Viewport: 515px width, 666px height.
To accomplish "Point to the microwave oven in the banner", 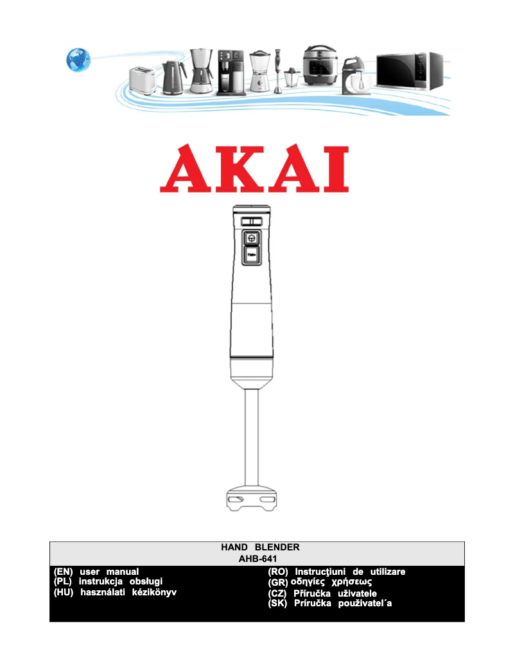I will tap(410, 71).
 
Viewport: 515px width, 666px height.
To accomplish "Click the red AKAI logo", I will tap(254, 169).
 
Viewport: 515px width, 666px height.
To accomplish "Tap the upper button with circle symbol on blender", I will tap(251, 238).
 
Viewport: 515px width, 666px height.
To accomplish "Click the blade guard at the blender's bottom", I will tap(251, 500).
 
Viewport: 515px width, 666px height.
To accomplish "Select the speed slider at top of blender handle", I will tap(251, 221).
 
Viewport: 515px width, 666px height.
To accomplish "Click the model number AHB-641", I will tap(257, 559).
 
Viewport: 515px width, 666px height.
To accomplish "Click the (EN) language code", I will tap(64, 572).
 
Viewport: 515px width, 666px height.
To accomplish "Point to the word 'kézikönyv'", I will tap(153, 592).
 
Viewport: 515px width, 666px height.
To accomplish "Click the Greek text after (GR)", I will tap(331, 582).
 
